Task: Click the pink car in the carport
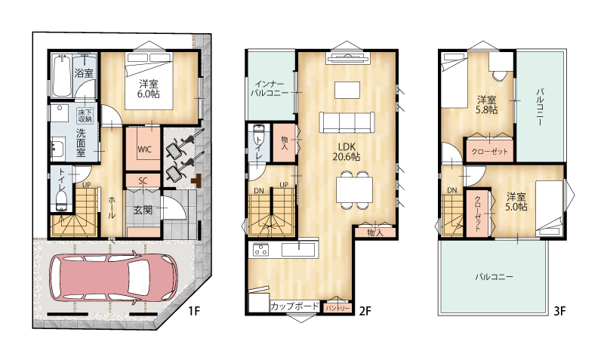pyautogui.click(x=114, y=277)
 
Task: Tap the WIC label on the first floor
pyautogui.click(x=144, y=149)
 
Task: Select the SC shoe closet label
pyautogui.click(x=143, y=181)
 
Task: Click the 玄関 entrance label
pyautogui.click(x=143, y=211)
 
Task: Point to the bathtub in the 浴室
pyautogui.click(x=62, y=76)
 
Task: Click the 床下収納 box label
pyautogui.click(x=85, y=115)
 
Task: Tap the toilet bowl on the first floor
pyautogui.click(x=62, y=202)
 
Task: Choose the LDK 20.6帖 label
pyautogui.click(x=347, y=152)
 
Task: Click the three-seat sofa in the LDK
pyautogui.click(x=347, y=122)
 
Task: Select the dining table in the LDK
pyautogui.click(x=354, y=190)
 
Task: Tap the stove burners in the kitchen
pyautogui.click(x=260, y=251)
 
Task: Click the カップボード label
pyautogui.click(x=294, y=306)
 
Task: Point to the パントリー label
pyautogui.click(x=337, y=309)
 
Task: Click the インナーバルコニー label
pyautogui.click(x=270, y=89)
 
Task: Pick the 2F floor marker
pyautogui.click(x=365, y=311)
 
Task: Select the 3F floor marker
pyautogui.click(x=559, y=311)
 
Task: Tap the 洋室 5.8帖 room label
pyautogui.click(x=487, y=105)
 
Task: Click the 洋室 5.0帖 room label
pyautogui.click(x=516, y=202)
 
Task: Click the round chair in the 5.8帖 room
pyautogui.click(x=500, y=75)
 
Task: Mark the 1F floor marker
pyautogui.click(x=195, y=311)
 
